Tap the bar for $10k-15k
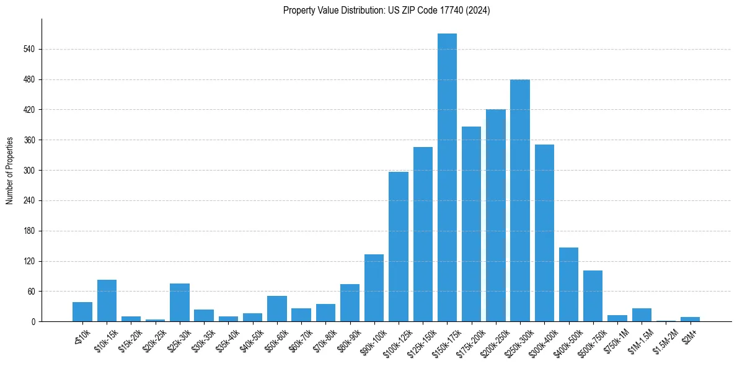tap(107, 301)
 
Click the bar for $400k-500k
tap(568, 285)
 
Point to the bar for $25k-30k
tap(180, 303)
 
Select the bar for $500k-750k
tap(593, 296)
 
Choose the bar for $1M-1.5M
tap(642, 315)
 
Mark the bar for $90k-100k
tap(374, 288)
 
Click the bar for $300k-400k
tap(544, 233)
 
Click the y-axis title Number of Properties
tap(10, 171)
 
